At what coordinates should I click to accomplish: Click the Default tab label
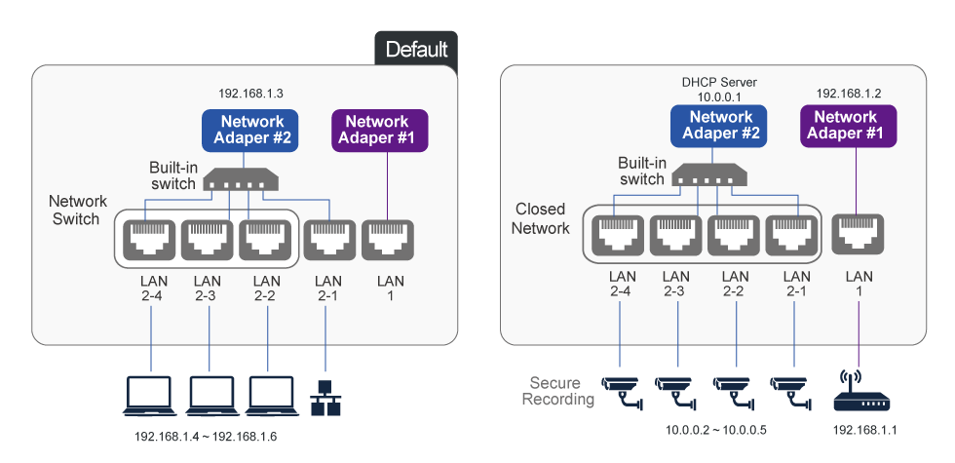[416, 49]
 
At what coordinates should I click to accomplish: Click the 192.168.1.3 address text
[250, 95]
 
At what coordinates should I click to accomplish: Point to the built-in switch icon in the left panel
[240, 180]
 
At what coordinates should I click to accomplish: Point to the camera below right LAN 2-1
[789, 389]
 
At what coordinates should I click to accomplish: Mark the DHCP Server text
[720, 83]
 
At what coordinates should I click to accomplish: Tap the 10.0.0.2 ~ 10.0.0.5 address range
[715, 430]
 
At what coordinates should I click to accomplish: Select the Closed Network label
[541, 219]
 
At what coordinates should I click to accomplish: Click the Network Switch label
[75, 211]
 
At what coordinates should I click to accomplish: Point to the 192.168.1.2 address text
[847, 94]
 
